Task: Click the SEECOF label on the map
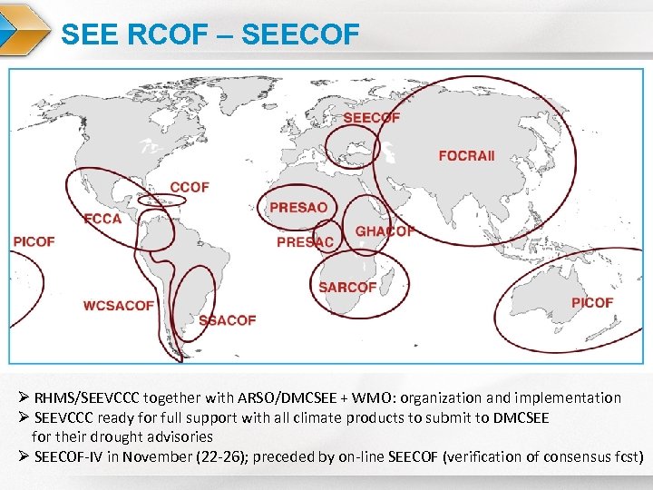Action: click(x=372, y=118)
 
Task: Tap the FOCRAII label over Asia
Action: click(x=467, y=156)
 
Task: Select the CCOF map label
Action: click(x=190, y=187)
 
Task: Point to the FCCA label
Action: click(x=102, y=219)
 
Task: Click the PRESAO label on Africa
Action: click(x=298, y=208)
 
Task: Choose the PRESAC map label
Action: click(x=305, y=242)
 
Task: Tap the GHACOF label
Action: click(x=385, y=231)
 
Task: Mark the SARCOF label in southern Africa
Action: click(x=347, y=287)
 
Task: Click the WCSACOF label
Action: click(x=119, y=306)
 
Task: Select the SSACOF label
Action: click(x=227, y=320)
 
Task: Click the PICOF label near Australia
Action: click(x=592, y=302)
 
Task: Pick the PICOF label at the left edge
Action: click(x=34, y=241)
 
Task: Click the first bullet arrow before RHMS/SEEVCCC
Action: click(x=24, y=398)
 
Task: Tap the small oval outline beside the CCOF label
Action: click(x=161, y=200)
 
